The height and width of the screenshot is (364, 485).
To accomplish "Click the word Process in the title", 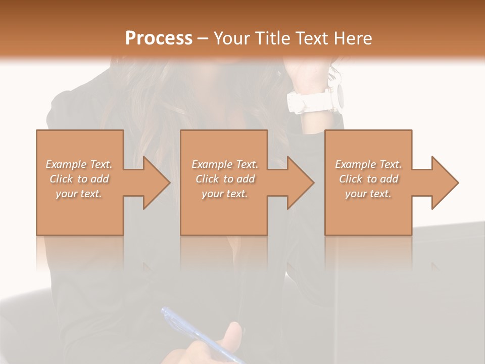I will (x=159, y=38).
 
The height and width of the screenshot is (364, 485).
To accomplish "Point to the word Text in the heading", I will (x=311, y=38).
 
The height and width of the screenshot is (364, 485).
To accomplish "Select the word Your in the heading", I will (x=232, y=38).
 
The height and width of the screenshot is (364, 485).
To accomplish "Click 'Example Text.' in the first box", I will (x=79, y=164).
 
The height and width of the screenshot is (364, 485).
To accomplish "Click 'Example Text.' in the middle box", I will (x=225, y=164).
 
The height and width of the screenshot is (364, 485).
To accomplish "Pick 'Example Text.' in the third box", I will (x=368, y=164).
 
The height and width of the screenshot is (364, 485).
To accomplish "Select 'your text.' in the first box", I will (x=79, y=194).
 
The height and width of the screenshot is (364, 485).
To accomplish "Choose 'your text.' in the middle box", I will (x=225, y=194).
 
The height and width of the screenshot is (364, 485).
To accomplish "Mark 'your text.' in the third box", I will (x=368, y=194).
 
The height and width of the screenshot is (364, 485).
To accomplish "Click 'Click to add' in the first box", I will (x=79, y=179).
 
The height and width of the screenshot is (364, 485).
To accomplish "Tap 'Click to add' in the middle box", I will (x=225, y=179).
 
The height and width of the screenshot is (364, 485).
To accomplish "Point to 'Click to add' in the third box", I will (x=368, y=179).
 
